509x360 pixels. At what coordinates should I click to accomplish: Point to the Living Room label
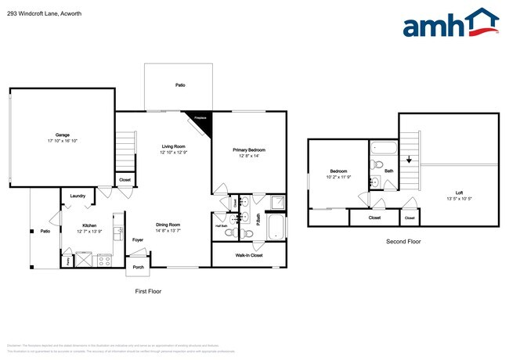pyautogui.click(x=173, y=146)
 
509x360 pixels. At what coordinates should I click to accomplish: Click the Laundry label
pyautogui.click(x=77, y=196)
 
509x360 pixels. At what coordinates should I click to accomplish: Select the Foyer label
pyautogui.click(x=138, y=240)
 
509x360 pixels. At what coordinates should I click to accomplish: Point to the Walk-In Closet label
pyautogui.click(x=249, y=255)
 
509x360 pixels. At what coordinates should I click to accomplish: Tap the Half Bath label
pyautogui.click(x=221, y=225)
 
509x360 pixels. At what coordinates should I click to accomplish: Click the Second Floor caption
pyautogui.click(x=403, y=242)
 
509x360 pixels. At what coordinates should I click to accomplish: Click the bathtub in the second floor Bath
pyautogui.click(x=384, y=147)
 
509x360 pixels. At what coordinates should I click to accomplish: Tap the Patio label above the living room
pyautogui.click(x=180, y=85)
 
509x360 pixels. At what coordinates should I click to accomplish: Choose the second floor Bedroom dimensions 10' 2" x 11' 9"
pyautogui.click(x=338, y=177)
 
